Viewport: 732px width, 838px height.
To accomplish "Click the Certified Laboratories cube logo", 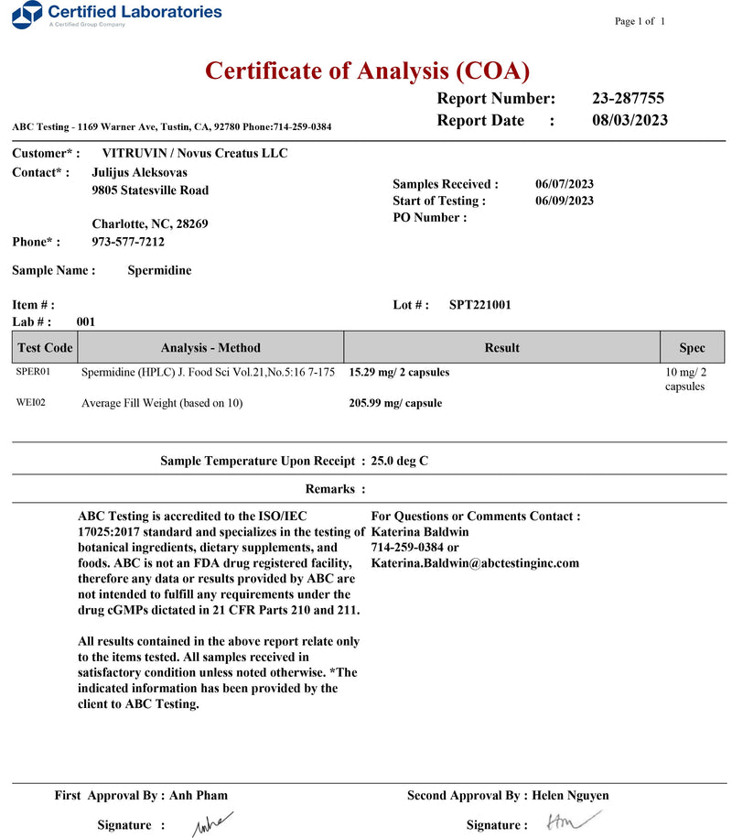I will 31,14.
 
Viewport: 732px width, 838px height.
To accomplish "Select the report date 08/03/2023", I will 630,120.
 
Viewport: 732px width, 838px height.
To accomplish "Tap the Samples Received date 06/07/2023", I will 564,184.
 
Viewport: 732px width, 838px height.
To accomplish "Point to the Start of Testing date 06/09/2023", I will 564,201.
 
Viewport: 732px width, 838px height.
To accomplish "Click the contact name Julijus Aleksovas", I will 141,172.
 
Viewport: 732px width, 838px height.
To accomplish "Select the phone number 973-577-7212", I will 128,242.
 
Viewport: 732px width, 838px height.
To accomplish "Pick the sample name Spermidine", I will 159,270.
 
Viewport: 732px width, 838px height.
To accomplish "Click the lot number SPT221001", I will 479,305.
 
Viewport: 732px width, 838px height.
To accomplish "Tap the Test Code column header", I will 45,348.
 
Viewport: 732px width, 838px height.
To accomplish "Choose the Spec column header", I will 692,348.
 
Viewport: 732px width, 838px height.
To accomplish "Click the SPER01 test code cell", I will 33,372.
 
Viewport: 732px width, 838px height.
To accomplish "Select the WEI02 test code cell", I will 31,402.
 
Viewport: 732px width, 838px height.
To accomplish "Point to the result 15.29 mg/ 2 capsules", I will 399,373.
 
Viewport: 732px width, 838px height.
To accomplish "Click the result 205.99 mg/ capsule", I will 395,403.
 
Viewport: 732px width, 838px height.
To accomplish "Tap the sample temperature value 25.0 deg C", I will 399,461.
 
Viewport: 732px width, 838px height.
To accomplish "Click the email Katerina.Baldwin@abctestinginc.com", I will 474,563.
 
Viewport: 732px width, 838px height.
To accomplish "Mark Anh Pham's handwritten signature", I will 211,823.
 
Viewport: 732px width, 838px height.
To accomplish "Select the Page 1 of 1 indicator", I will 640,21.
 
